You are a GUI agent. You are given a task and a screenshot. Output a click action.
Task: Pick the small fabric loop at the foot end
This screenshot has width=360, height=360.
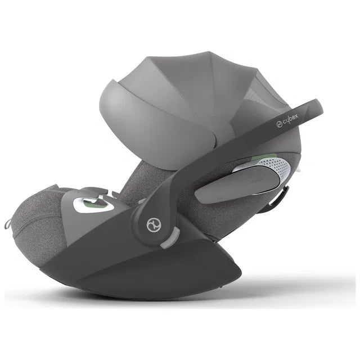click(7, 224)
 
